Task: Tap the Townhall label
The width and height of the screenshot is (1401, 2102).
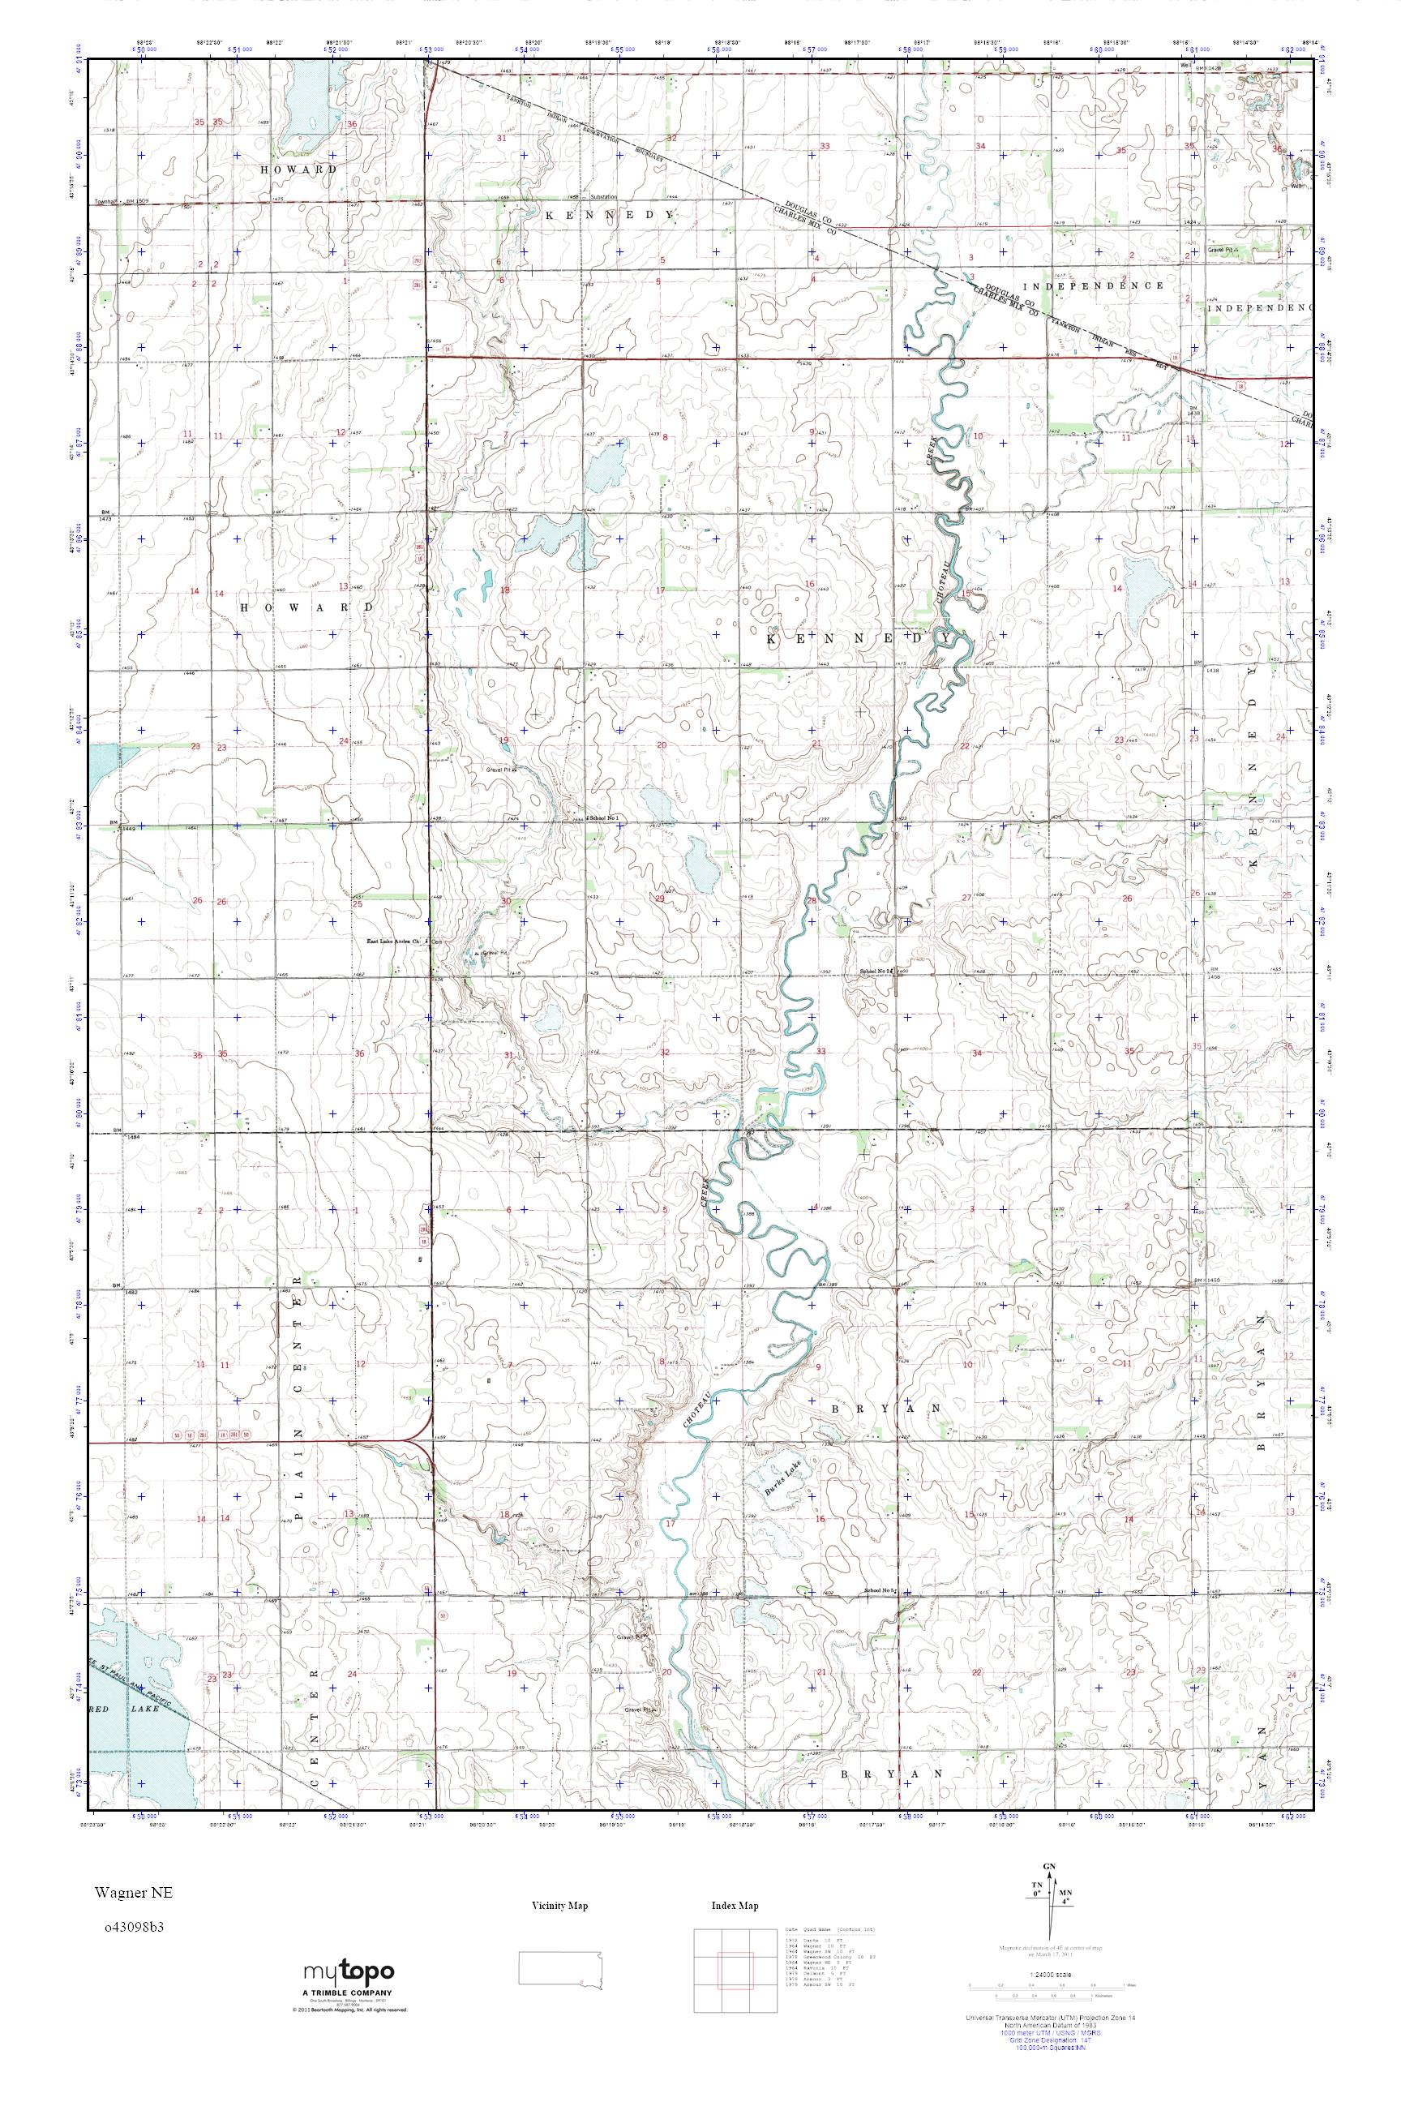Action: [107, 202]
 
